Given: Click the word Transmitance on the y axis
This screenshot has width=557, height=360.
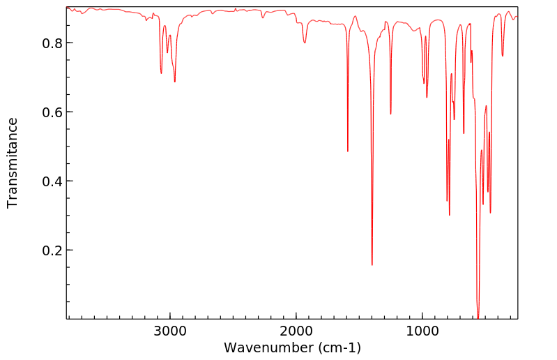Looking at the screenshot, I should coord(13,163).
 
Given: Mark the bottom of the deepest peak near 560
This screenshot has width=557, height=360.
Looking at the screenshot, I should coord(478,317).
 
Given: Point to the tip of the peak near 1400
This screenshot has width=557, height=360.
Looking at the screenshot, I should coord(372,265).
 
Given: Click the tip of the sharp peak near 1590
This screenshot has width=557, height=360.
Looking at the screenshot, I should coord(347,151).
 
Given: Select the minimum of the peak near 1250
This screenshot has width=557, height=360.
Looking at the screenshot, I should coord(390,114).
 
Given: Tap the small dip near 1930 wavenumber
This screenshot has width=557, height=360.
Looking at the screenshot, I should coord(305,43).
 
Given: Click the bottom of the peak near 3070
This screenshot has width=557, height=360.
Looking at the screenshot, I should coord(161,73).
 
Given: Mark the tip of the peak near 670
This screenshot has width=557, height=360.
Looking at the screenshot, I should coord(464,133).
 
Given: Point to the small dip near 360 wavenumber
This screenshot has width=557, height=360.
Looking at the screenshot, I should coord(503,57).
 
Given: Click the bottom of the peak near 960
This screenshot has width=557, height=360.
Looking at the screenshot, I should coord(427,97).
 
